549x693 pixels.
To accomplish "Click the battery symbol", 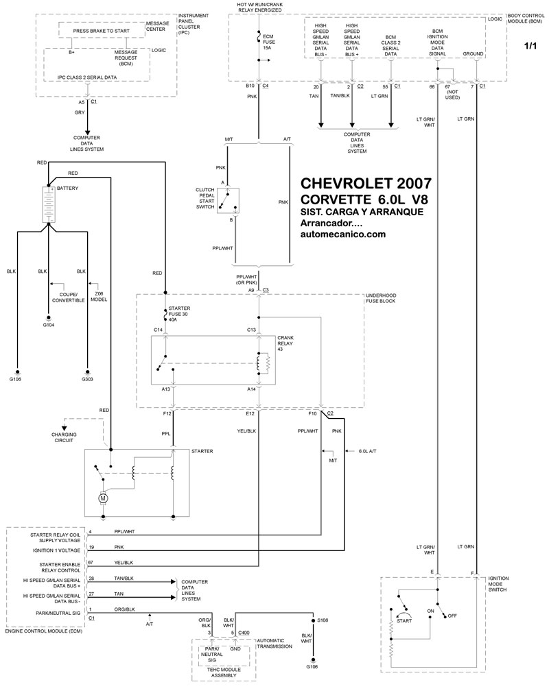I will pyautogui.click(x=49, y=204).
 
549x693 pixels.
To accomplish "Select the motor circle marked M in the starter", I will pyautogui.click(x=104, y=498).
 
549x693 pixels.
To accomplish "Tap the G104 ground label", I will pyautogui.click(x=49, y=325).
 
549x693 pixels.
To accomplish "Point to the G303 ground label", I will pyautogui.click(x=88, y=378).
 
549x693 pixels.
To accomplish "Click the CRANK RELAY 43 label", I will pyautogui.click(x=285, y=343).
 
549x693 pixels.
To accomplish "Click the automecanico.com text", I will pyautogui.click(x=343, y=234).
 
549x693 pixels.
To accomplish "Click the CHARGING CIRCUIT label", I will pyautogui.click(x=64, y=436).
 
